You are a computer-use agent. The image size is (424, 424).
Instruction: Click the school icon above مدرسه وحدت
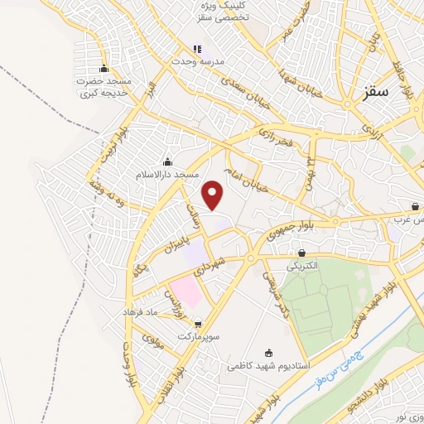click(196, 50)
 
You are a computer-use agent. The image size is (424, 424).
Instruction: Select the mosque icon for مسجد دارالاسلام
click(168, 161)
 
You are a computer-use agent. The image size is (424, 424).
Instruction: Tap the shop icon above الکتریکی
click(301, 253)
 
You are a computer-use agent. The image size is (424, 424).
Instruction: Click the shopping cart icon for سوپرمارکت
click(197, 325)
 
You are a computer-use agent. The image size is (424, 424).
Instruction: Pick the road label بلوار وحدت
click(129, 365)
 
